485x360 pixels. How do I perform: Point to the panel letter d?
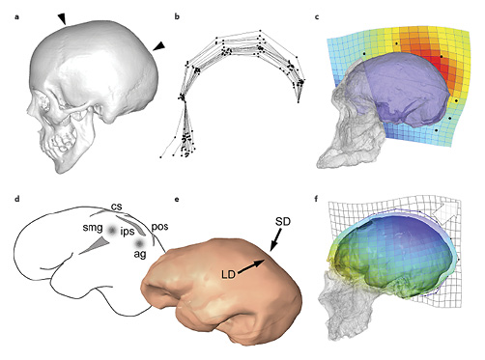coord(6,199)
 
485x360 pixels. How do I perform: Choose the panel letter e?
coord(173,199)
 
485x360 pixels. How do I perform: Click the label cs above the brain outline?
coord(115,206)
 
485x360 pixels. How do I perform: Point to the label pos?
coord(160,226)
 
